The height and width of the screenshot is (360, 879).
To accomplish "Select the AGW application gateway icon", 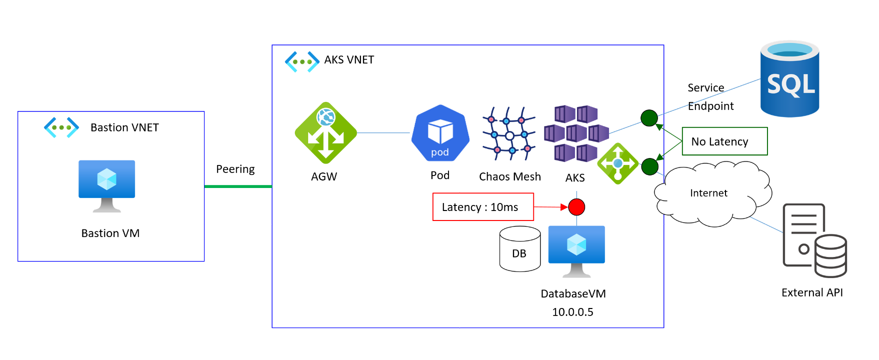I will click(x=325, y=133).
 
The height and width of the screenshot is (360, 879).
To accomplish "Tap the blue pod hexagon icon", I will click(x=440, y=133).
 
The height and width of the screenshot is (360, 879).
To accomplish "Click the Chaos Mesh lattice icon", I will click(x=509, y=134).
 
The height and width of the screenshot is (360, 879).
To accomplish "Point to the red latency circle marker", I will click(x=576, y=207).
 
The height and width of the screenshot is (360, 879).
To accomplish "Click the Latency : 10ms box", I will click(x=483, y=207).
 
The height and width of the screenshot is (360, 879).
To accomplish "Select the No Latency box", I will click(x=724, y=141).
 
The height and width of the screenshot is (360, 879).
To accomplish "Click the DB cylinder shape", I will click(x=520, y=249).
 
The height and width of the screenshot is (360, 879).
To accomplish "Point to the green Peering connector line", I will click(x=238, y=186).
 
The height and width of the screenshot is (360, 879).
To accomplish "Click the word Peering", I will click(x=235, y=169).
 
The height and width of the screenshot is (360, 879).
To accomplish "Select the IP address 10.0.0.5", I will click(x=572, y=312).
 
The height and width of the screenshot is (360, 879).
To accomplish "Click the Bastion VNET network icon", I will click(x=61, y=127).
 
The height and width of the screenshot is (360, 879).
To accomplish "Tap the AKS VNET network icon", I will click(x=302, y=62).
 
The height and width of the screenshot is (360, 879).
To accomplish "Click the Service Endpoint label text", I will click(x=710, y=97).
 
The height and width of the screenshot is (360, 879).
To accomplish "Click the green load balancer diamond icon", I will click(x=618, y=163).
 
